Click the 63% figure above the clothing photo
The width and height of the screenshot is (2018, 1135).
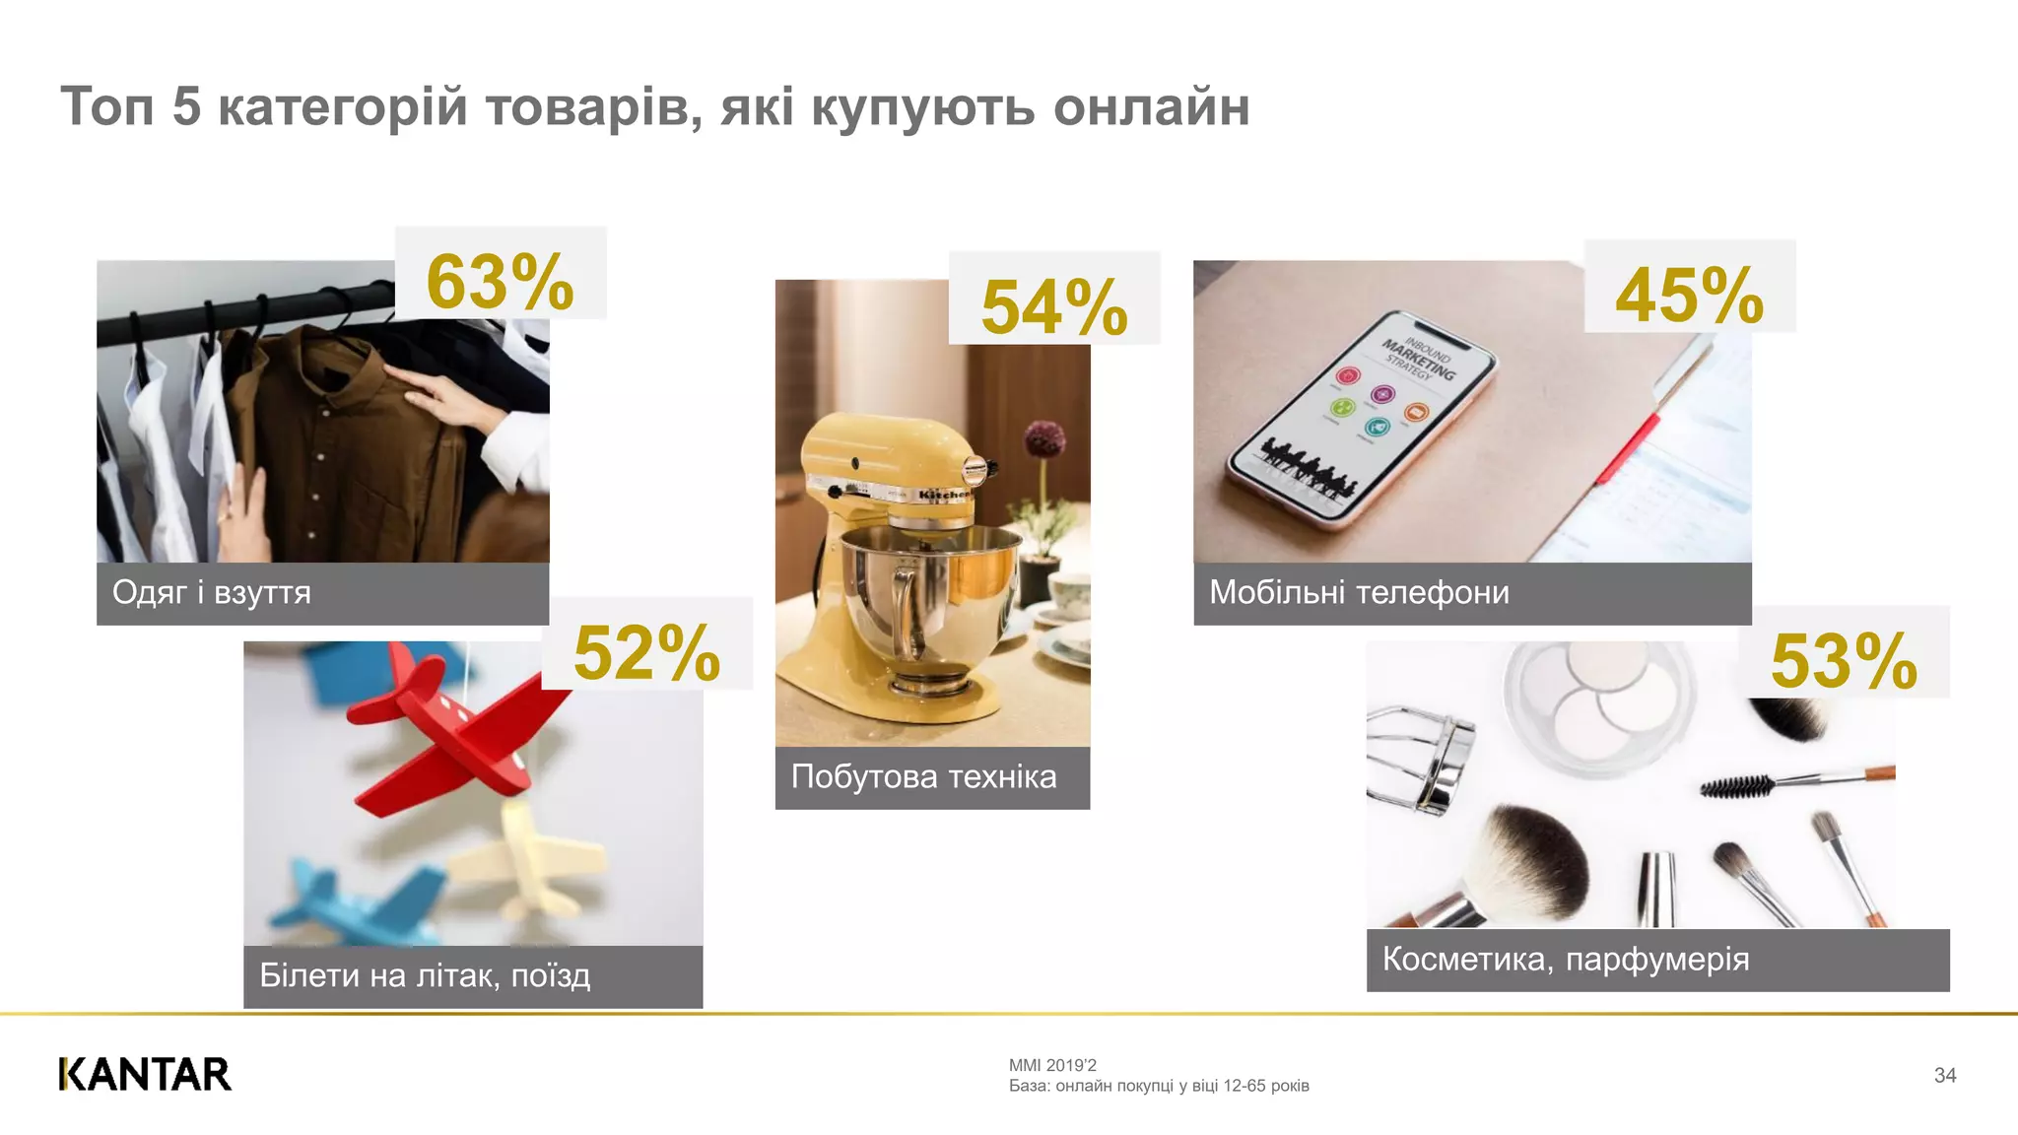[x=500, y=282]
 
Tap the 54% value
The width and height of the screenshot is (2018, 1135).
[x=1054, y=307]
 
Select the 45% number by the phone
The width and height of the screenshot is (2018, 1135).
[x=1689, y=295]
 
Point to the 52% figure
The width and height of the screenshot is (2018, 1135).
[x=646, y=652]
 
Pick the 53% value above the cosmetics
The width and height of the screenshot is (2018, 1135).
[x=1844, y=660]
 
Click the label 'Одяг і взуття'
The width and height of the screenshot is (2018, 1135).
[x=212, y=592]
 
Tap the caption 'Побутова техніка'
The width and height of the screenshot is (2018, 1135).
[x=923, y=777]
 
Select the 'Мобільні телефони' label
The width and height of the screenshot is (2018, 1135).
[x=1359, y=592]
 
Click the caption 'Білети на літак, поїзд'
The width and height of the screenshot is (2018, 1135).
[x=425, y=975]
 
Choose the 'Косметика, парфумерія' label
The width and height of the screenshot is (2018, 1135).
[x=1566, y=959]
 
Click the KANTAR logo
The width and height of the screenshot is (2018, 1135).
[x=145, y=1074]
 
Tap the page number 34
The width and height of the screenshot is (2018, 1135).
[x=1944, y=1075]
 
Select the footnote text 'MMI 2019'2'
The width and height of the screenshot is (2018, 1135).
[x=1052, y=1065]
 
